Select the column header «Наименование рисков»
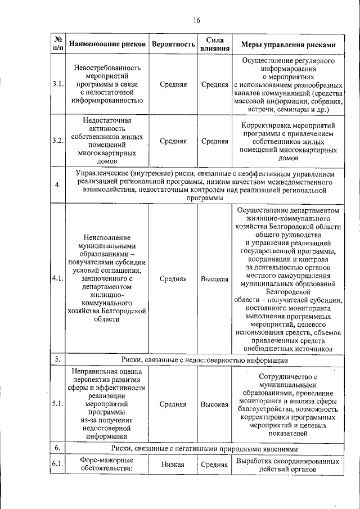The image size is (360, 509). pos(107,44)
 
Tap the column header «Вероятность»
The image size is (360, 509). pos(173,44)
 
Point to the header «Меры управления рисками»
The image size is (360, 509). pos(289,44)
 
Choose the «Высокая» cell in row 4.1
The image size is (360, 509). pos(214,278)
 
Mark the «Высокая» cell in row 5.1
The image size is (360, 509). pos(214,404)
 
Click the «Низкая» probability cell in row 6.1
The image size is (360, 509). pos(173,464)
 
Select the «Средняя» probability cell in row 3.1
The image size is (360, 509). pos(173,84)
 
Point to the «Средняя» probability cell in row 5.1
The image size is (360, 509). pos(173,404)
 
